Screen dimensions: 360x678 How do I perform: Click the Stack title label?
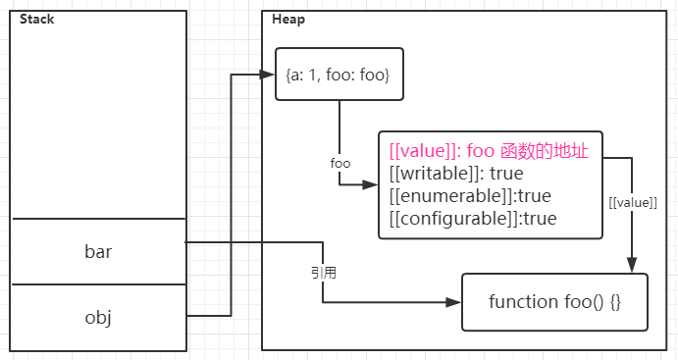tap(36, 20)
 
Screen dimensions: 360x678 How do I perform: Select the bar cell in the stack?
tap(98, 252)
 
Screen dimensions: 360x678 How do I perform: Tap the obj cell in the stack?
tap(98, 317)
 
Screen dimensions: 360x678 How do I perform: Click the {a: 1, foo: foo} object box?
tap(339, 75)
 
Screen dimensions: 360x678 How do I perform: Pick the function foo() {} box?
tap(554, 301)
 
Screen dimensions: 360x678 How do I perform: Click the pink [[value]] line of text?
tap(488, 152)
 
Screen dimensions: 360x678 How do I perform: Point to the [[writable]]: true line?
tap(456, 174)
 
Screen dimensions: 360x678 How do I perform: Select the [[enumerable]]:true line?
tap(470, 196)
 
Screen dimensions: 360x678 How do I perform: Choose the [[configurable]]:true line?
tap(473, 218)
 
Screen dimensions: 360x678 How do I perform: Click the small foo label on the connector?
tap(340, 163)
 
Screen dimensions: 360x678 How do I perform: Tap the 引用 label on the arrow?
tap(323, 273)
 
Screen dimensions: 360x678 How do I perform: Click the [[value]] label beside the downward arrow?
tap(633, 202)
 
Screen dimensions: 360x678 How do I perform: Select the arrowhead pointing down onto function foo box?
tap(631, 265)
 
